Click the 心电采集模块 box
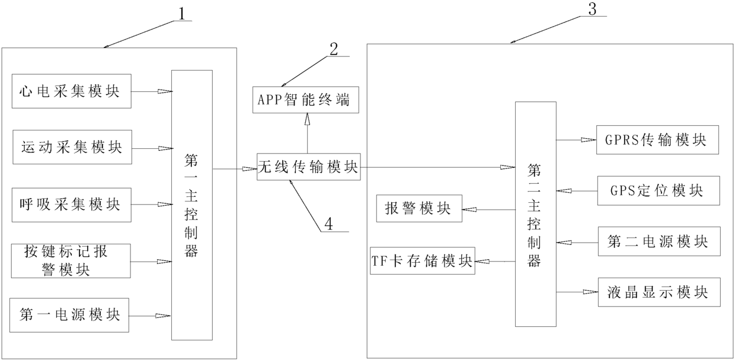71,92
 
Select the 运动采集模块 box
71,147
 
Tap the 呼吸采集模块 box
71,205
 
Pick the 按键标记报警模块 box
71,261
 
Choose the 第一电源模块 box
71,314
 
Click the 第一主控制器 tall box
191,205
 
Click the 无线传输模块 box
308,168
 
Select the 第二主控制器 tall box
535,214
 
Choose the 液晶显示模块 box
658,292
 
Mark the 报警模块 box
419,209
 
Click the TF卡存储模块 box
423,261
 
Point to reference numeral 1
185,12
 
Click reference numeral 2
334,49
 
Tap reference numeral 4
328,223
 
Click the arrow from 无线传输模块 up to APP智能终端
307,133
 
